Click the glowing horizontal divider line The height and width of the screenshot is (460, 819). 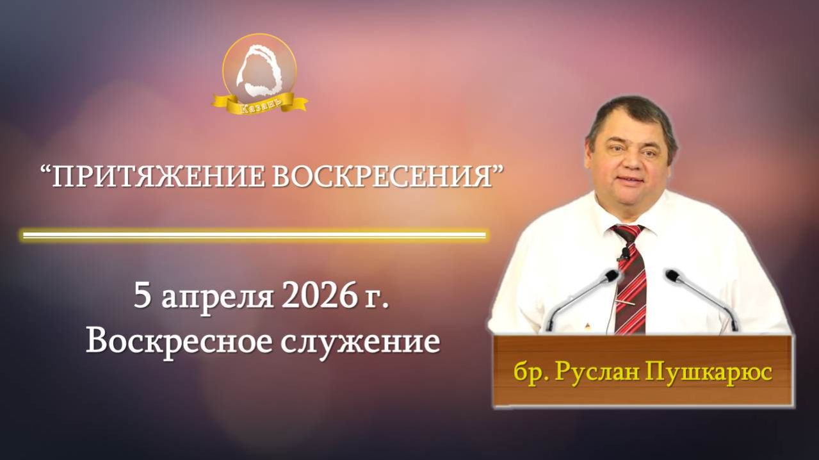pos(254,235)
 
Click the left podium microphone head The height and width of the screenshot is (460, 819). pos(612,275)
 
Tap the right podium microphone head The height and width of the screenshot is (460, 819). pos(672,275)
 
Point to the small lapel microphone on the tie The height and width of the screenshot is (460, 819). pos(624,253)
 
